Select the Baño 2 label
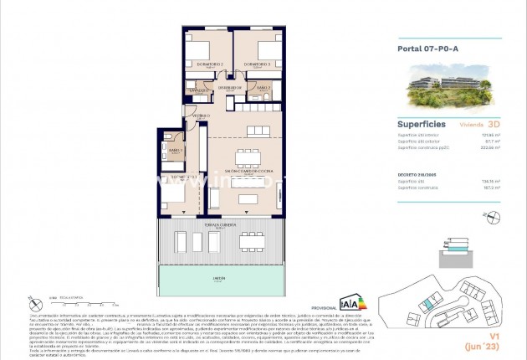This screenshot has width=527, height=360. tap(263, 87)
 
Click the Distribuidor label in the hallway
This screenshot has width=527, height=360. tap(229, 86)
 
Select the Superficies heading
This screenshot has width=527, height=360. tap(421, 122)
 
